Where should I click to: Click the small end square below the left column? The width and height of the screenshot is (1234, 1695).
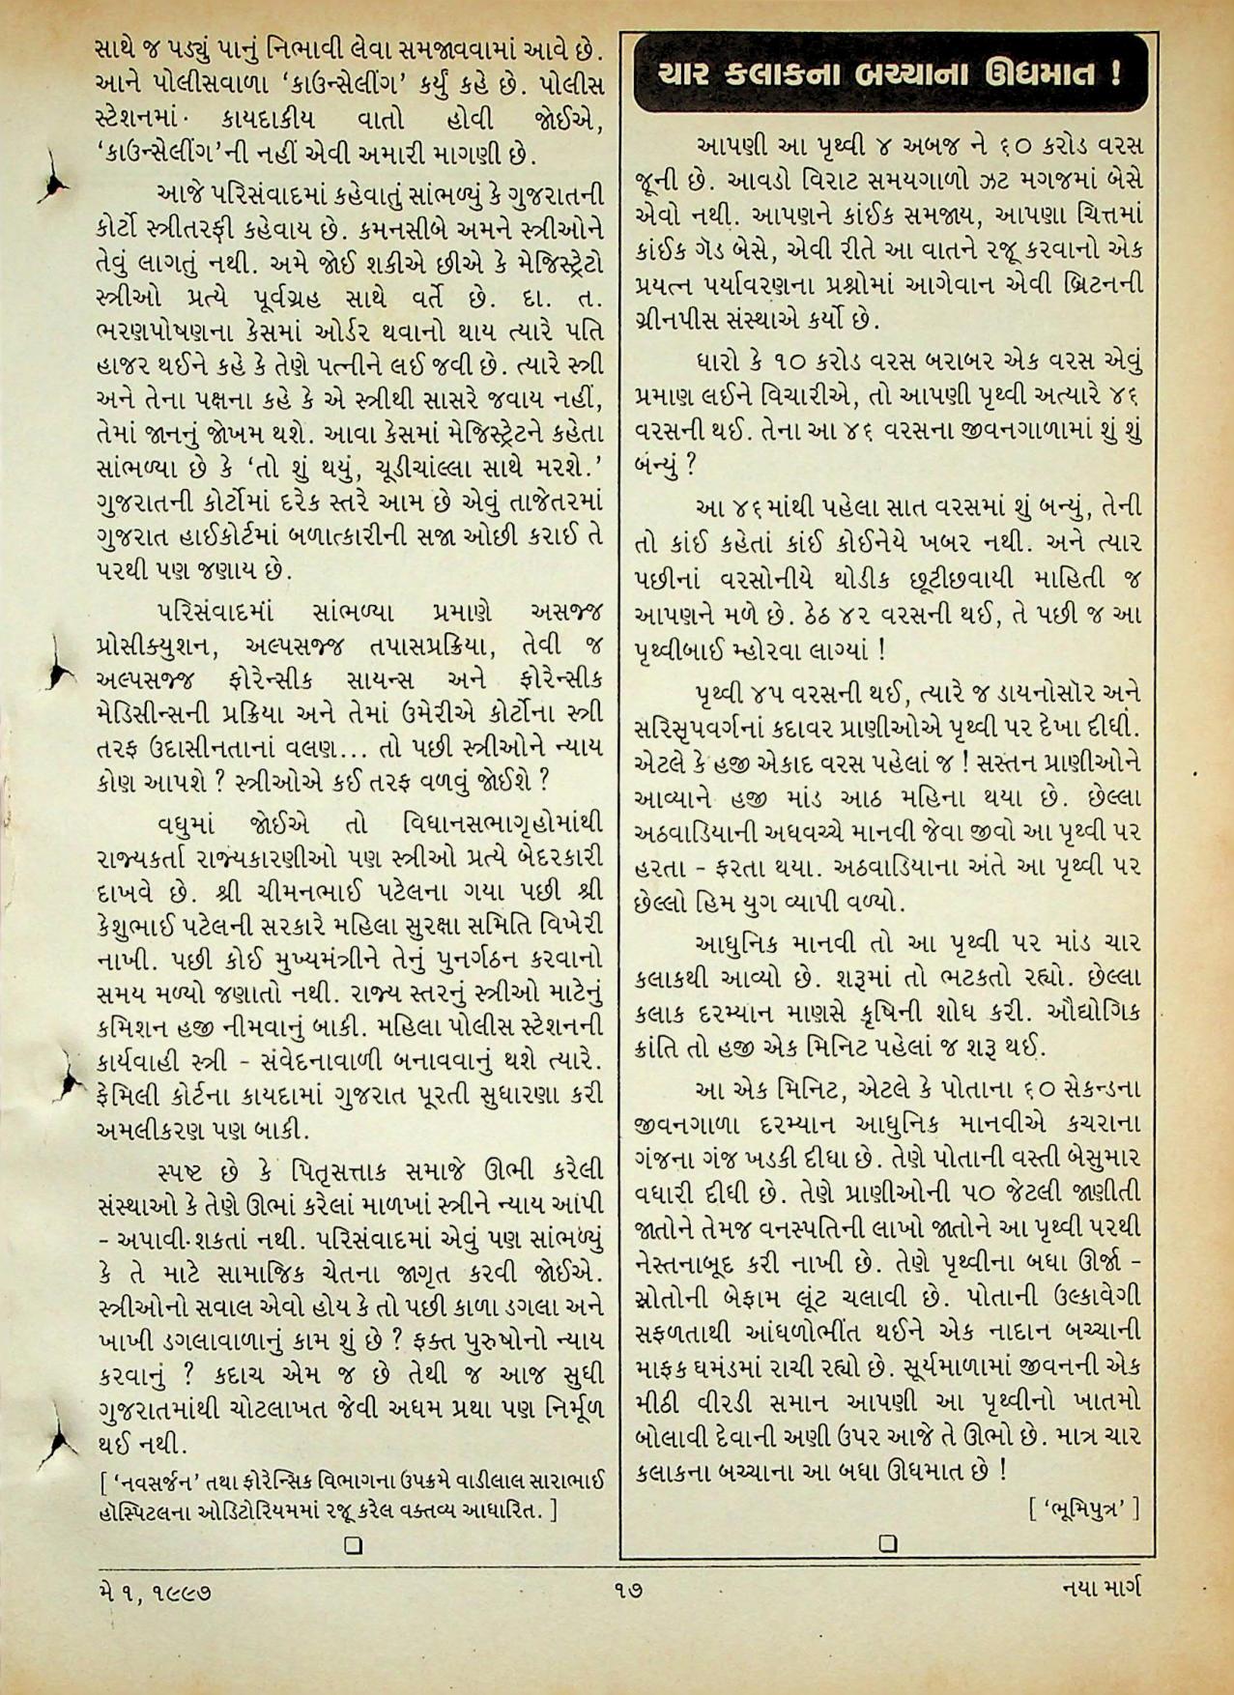(355, 1543)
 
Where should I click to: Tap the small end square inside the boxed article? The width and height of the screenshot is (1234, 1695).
(888, 1543)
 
